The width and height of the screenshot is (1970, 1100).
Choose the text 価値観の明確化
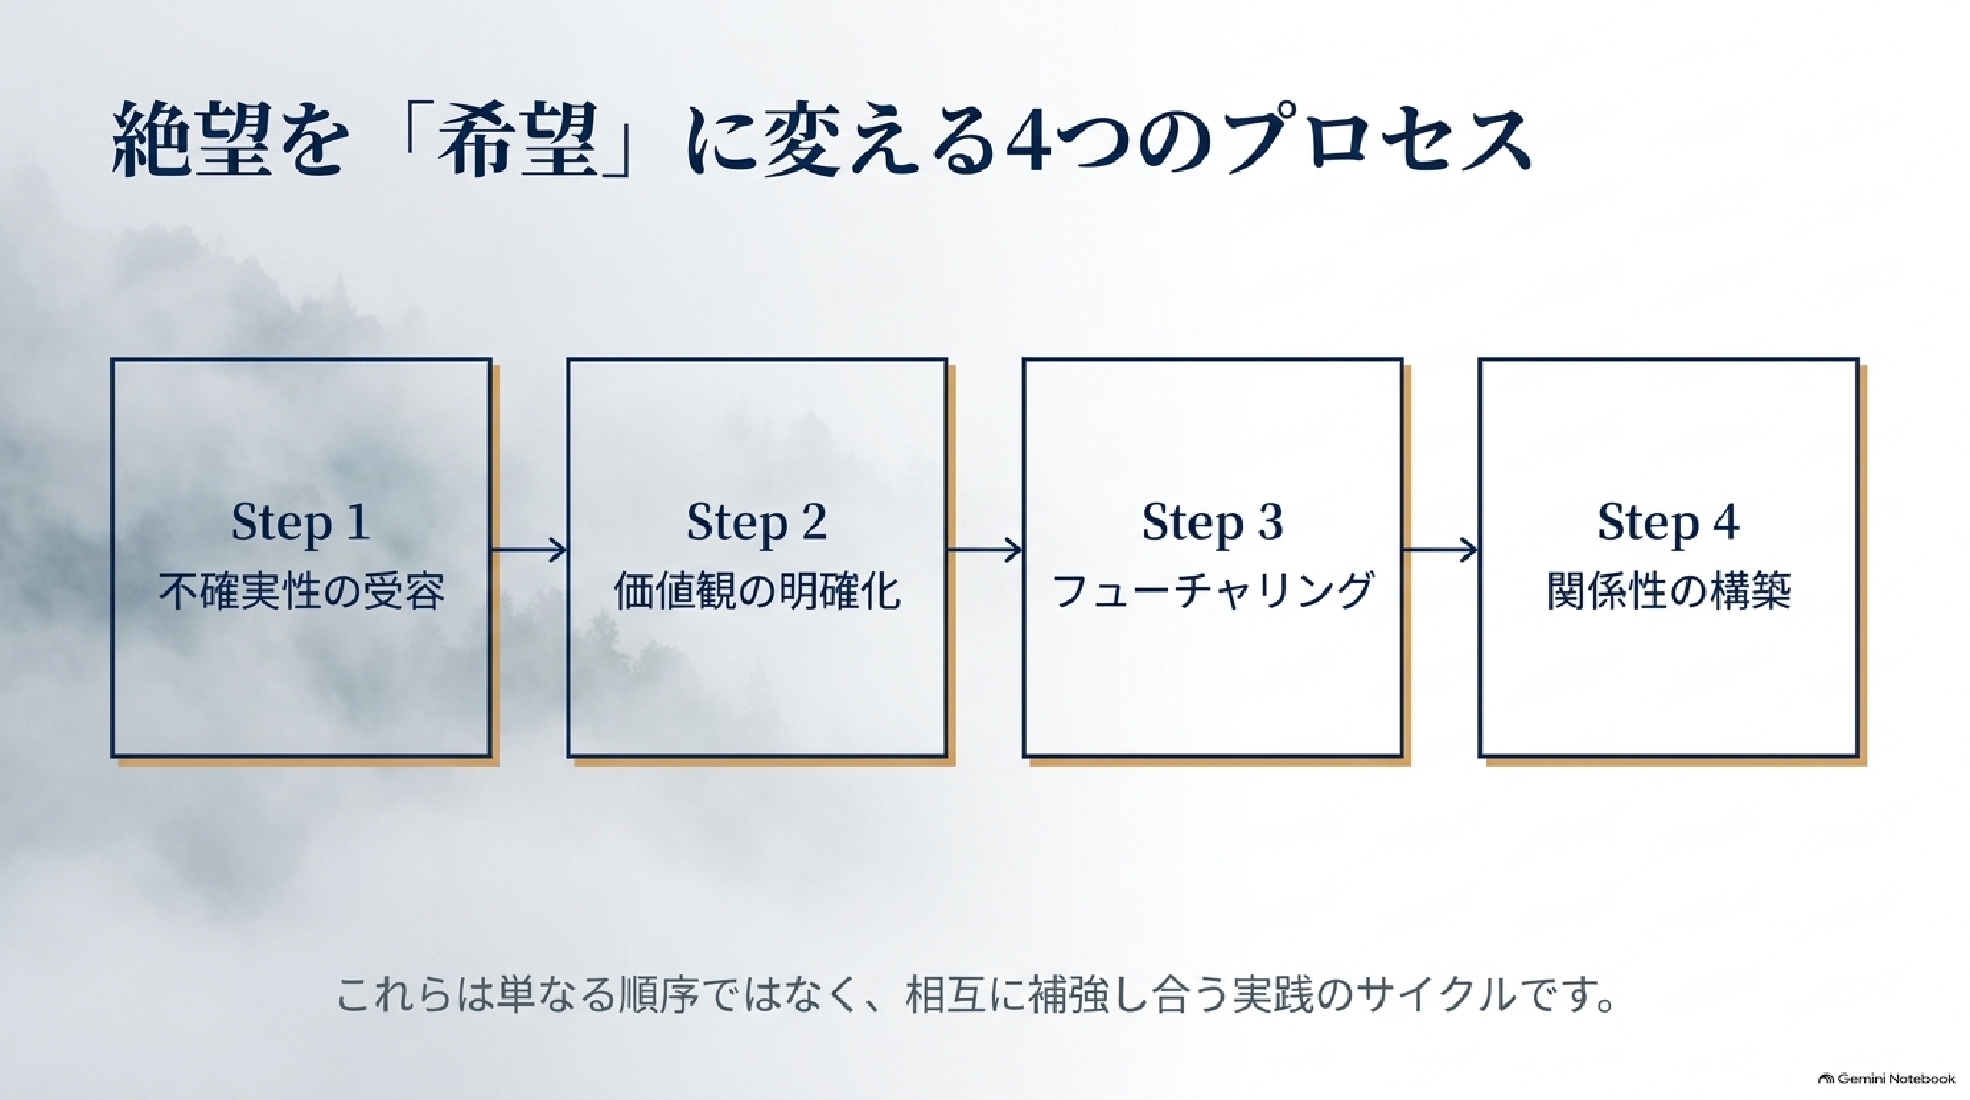click(757, 591)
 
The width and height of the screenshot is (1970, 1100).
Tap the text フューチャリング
click(1213, 591)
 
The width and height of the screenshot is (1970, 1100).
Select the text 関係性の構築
click(1668, 591)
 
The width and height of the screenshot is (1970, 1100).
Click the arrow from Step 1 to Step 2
click(528, 550)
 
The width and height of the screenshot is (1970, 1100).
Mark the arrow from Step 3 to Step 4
click(1441, 550)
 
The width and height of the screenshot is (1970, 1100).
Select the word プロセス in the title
click(1376, 142)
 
